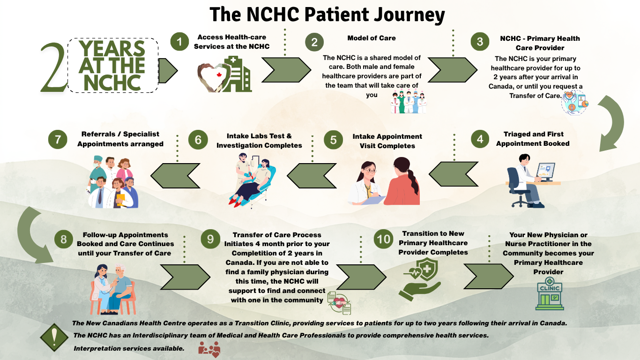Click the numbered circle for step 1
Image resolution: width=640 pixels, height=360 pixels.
tap(179, 42)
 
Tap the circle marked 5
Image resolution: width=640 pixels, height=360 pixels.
tap(333, 140)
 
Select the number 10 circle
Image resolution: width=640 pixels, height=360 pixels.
tap(383, 239)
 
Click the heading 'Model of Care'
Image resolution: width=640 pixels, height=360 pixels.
tap(372, 38)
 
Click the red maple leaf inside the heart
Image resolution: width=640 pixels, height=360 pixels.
tap(219, 75)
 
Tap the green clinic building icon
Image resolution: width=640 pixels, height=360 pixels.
tap(550, 293)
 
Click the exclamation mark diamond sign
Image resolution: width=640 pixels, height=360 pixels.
tap(54, 337)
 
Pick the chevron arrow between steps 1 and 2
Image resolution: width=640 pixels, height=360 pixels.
tap(286, 70)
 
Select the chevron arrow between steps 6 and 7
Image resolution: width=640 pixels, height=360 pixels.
tap(175, 176)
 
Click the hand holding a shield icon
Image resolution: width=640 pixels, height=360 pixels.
tap(420, 279)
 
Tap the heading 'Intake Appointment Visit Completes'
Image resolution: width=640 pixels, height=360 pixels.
tap(387, 141)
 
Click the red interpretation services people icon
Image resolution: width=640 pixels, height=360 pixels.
tap(209, 349)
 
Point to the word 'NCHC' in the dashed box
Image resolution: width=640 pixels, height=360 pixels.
tap(112, 83)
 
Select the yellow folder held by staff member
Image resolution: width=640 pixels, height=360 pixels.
tap(121, 200)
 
